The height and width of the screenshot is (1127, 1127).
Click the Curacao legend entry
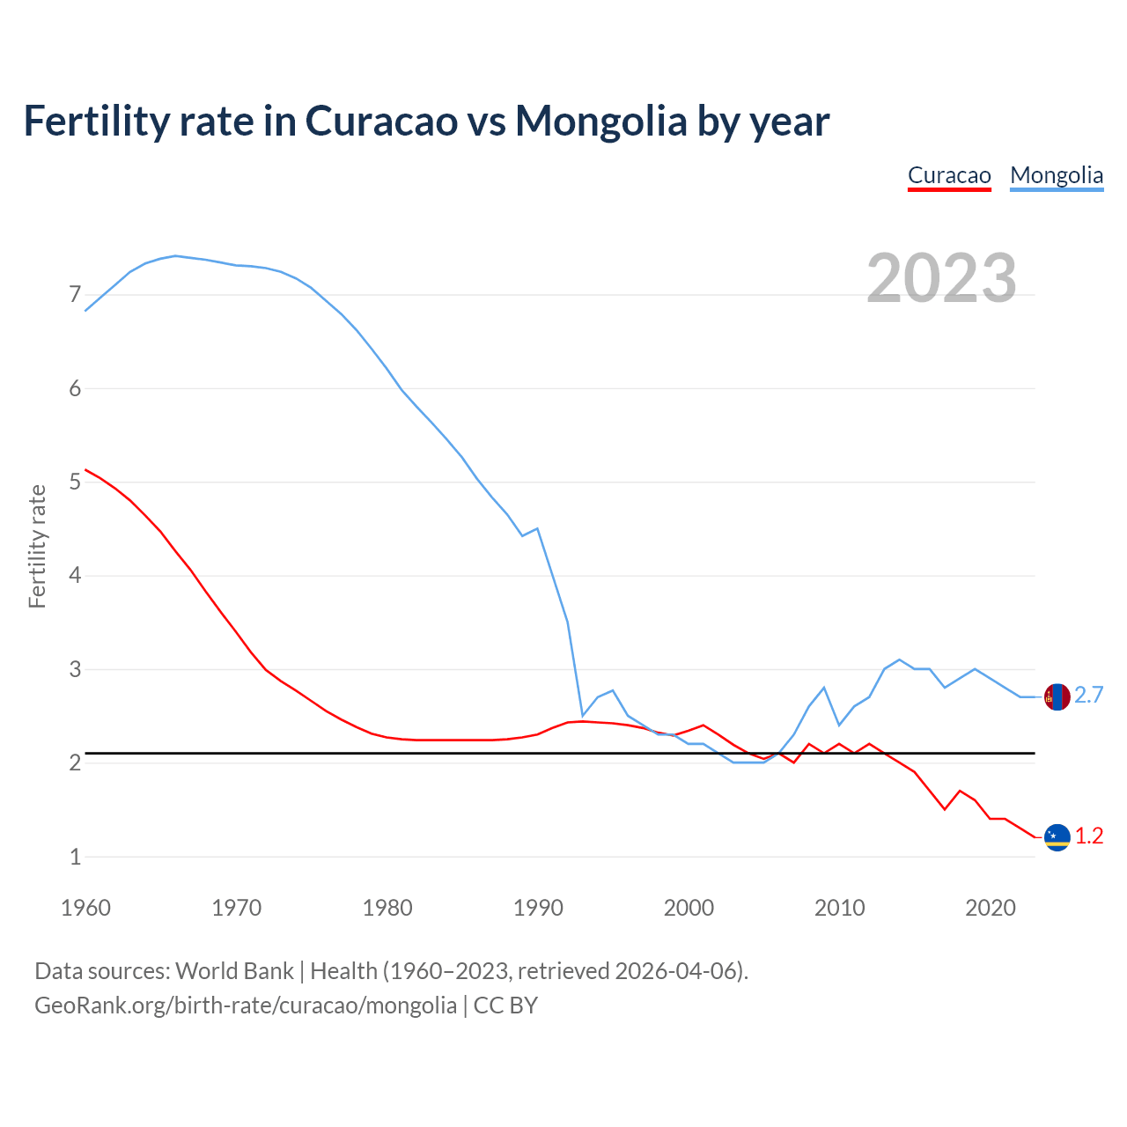pos(949,175)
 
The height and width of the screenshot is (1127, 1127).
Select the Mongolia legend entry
pos(1057,175)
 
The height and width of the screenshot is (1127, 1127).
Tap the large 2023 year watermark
pos(941,278)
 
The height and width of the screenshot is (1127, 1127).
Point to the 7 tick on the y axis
pos(75,295)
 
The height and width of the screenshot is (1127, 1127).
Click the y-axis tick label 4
pos(75,576)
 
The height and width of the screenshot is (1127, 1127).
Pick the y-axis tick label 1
pos(75,857)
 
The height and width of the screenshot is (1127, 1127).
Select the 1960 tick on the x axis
pos(85,908)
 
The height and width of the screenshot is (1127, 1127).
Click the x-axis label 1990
pos(538,908)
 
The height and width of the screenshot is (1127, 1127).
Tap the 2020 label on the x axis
pos(991,908)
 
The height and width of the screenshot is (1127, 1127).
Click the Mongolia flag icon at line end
pos(1057,696)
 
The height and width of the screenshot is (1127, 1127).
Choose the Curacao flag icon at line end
pos(1057,837)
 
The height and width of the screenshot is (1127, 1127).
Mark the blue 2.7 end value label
pos(1089,696)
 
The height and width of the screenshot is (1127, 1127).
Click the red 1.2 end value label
pos(1089,836)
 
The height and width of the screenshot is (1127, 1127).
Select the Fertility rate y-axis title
pos(37,546)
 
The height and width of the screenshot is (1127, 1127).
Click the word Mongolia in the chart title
pos(600,121)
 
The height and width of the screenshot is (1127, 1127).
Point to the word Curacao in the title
pos(381,121)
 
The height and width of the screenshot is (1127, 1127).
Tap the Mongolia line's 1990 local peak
pos(537,528)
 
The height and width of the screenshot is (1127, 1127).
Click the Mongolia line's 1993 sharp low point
pos(582,716)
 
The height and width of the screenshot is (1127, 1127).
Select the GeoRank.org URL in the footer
pos(246,1005)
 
